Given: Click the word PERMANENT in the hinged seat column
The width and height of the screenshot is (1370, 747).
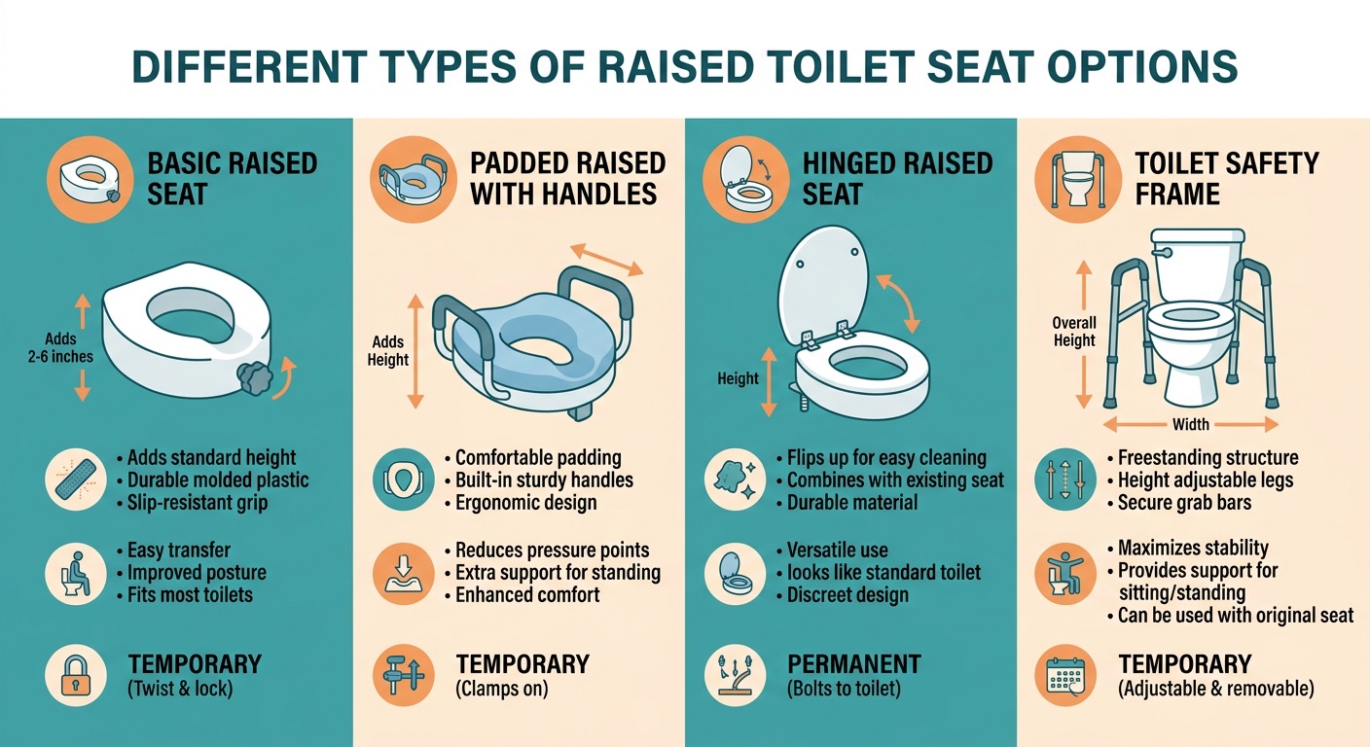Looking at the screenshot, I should pyautogui.click(x=853, y=664).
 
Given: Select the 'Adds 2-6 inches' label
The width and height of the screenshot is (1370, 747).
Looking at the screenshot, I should pyautogui.click(x=60, y=348).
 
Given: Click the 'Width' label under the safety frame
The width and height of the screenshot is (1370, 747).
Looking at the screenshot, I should pyautogui.click(x=1191, y=424).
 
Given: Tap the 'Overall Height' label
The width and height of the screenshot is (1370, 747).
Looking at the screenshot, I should pyautogui.click(x=1074, y=332).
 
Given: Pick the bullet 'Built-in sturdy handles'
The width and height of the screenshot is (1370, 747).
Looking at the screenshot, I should pyautogui.click(x=544, y=480).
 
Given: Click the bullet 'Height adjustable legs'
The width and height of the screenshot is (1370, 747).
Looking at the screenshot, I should pyautogui.click(x=1206, y=480).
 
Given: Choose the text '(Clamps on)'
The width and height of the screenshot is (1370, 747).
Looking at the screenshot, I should pyautogui.click(x=502, y=689).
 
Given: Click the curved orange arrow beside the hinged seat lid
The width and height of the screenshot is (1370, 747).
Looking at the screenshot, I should pyautogui.click(x=901, y=302).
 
